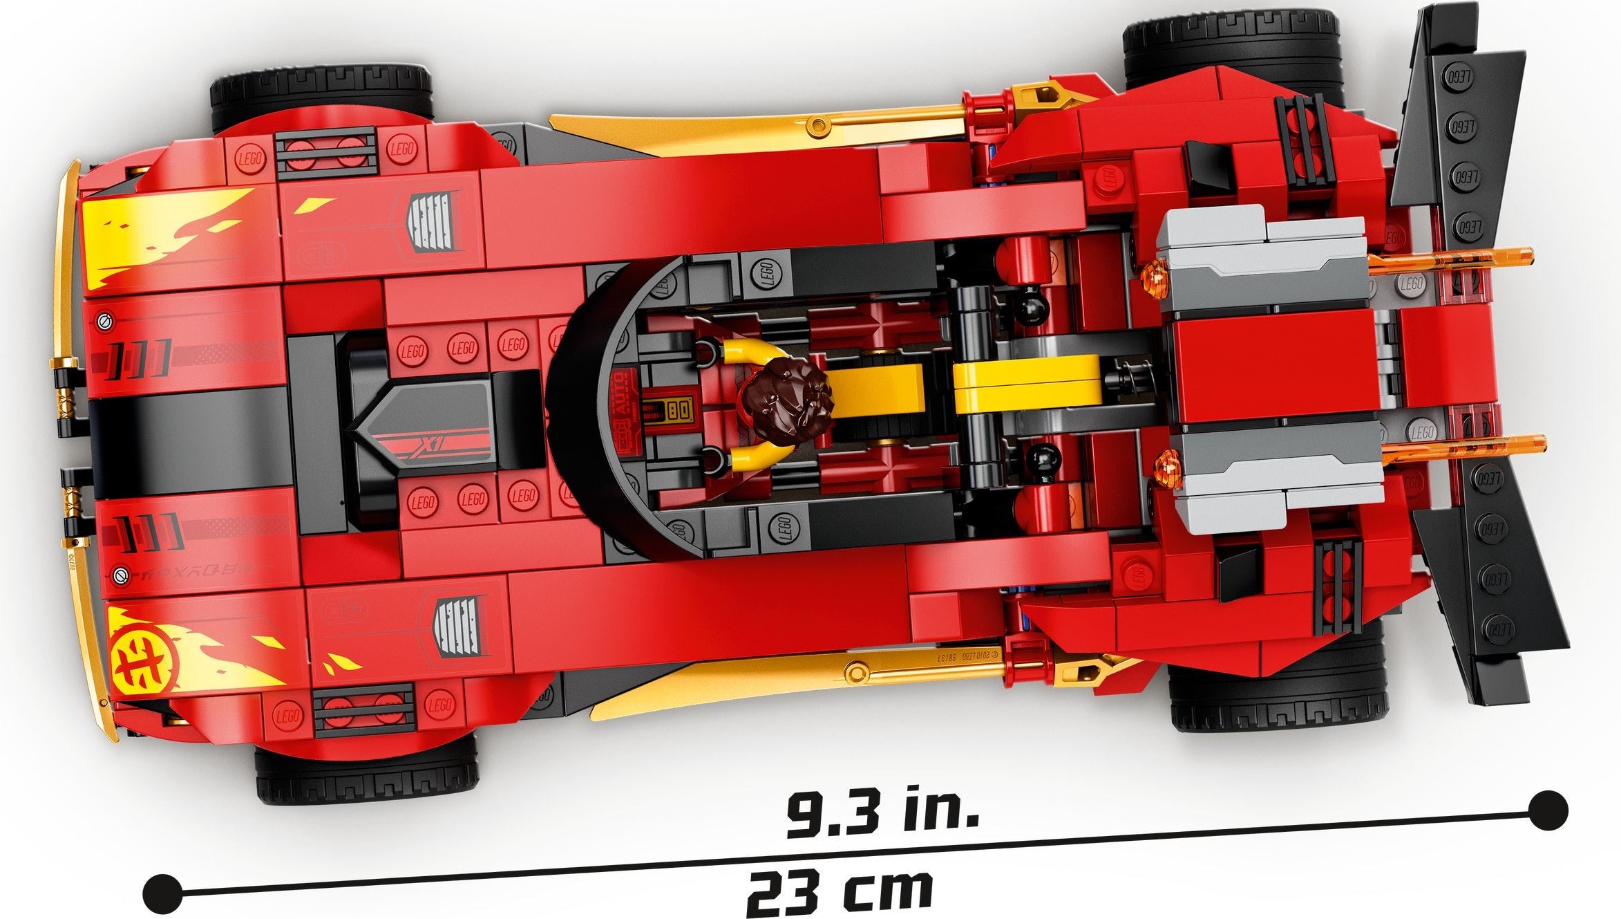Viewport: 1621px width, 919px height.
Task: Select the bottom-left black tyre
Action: pos(366,770)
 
